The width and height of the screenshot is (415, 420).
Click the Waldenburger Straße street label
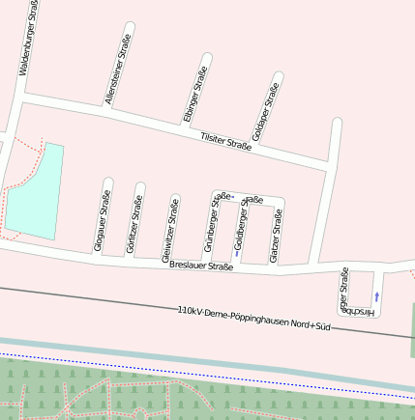(27, 39)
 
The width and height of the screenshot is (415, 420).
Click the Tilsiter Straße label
(225, 142)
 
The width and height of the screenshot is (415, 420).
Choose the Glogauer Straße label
(102, 221)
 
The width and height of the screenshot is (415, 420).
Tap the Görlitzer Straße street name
(134, 224)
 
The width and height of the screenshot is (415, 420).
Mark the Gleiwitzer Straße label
(169, 230)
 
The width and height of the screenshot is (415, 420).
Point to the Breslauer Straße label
(201, 266)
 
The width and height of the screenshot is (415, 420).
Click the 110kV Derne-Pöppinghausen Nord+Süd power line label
(254, 320)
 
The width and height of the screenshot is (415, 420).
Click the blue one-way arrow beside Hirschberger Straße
(376, 296)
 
